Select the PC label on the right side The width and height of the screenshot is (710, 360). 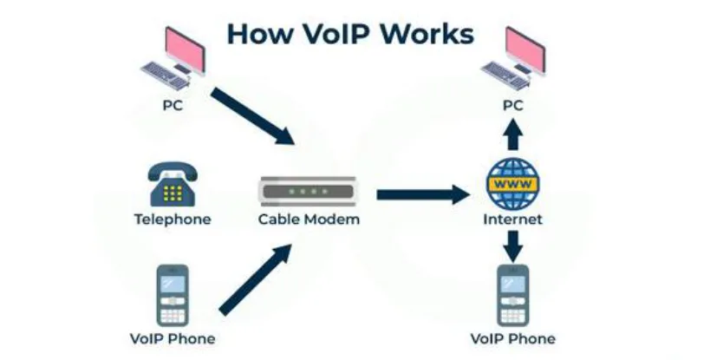point(513,106)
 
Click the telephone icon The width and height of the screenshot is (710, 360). point(172,183)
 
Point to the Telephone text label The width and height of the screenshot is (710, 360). point(172,219)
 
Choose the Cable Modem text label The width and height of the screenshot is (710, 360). point(309,219)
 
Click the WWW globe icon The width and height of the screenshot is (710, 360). point(512,183)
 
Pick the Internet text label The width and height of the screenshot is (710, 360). point(512,219)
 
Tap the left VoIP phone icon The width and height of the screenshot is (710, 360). point(172,295)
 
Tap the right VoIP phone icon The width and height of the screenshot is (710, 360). point(512,295)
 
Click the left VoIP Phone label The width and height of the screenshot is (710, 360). point(172,338)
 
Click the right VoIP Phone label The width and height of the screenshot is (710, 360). point(512,338)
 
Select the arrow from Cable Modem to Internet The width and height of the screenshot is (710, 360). point(421,193)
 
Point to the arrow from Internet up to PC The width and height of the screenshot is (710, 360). point(512,136)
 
